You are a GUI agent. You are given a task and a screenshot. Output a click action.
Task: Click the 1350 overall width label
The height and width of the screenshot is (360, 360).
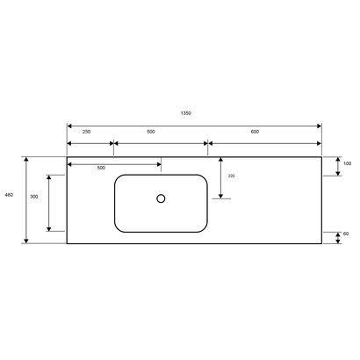[x=185, y=113]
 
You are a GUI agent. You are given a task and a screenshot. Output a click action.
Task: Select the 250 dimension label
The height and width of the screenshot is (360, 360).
[x=86, y=132]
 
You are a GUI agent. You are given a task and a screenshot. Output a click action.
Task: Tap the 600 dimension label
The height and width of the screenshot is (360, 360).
[x=255, y=132]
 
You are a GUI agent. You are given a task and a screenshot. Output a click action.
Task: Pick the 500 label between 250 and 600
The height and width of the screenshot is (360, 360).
[x=151, y=132]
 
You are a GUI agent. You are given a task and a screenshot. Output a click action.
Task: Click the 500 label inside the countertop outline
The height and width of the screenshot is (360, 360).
[x=100, y=168]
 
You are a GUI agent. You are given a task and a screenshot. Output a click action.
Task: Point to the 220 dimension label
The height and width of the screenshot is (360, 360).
[x=231, y=176]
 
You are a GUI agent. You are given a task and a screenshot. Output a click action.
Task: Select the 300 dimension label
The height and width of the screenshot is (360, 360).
[x=33, y=197]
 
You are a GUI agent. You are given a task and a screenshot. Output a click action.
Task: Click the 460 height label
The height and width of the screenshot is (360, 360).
[x=9, y=194]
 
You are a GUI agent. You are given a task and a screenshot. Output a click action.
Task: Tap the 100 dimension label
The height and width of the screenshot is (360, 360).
[x=347, y=163]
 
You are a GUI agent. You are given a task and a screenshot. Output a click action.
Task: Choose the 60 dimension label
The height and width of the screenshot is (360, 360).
[x=347, y=234]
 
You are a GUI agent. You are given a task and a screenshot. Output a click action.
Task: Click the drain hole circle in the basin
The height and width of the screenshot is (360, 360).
[x=161, y=198]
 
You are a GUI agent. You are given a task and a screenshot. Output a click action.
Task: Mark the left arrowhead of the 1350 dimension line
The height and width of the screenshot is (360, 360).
[x=70, y=125]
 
